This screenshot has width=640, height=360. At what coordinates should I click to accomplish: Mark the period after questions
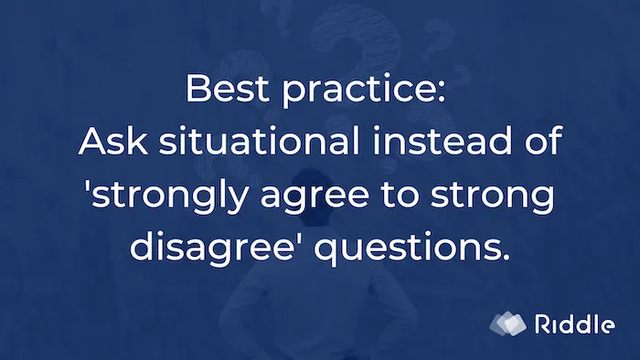coord(505,257)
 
